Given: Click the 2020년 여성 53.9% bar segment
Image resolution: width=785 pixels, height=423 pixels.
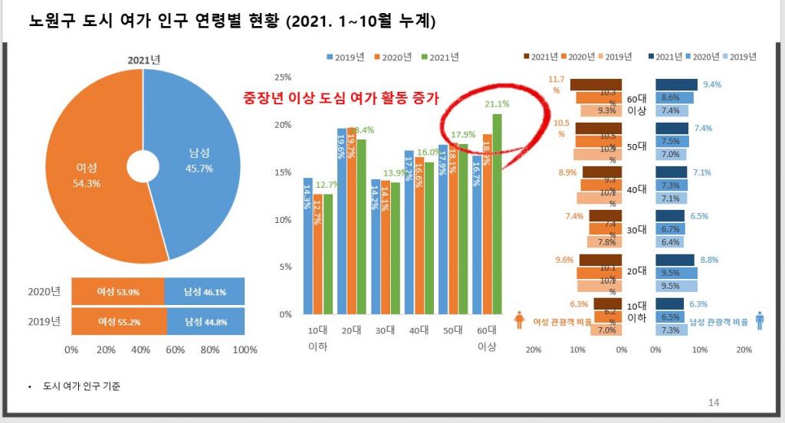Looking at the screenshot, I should pos(117,291).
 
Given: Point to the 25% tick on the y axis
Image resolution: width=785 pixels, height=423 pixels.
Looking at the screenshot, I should pos(283,77).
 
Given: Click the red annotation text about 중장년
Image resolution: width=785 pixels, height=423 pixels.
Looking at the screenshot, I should pos(340,98).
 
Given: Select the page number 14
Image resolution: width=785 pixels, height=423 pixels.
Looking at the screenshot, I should pos(714,402).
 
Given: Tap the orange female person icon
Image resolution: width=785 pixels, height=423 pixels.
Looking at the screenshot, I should pos(519,320).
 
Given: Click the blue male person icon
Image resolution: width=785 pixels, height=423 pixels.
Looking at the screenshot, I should pos(760,320).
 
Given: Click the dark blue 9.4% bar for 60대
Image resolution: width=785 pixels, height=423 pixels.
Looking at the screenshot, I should pos(676,85).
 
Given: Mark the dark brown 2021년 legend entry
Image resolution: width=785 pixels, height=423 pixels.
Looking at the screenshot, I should pos(540,57).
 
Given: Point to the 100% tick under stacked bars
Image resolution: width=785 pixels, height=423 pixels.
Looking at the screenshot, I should pos(245,350).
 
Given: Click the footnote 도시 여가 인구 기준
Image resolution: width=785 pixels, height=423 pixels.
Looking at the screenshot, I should pos(82,386).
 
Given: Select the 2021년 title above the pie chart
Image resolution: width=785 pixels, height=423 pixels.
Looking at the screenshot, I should pos(143,61).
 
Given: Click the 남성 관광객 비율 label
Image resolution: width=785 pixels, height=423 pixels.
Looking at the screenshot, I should pos(719,322).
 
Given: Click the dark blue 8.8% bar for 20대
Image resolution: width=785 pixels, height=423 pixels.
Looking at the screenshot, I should pos(675,260).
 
